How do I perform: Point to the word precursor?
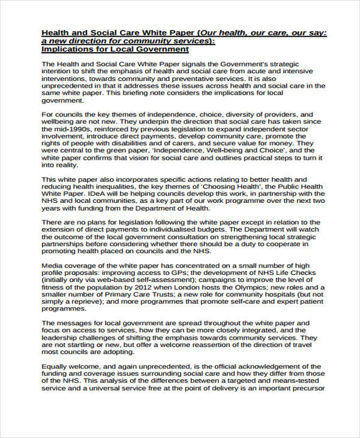(x=305, y=388)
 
